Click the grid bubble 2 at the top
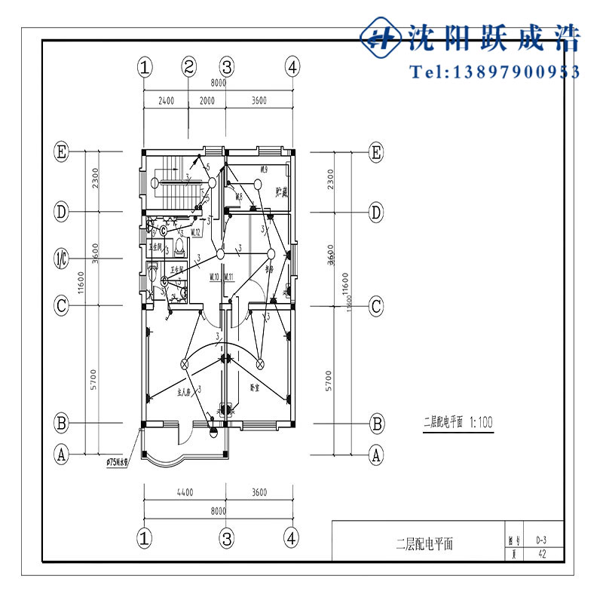click(x=189, y=66)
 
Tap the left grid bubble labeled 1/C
click(x=62, y=259)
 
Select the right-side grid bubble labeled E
click(x=377, y=152)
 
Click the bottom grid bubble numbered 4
click(x=292, y=537)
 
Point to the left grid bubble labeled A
click(x=62, y=454)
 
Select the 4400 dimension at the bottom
click(x=185, y=492)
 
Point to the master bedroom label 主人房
click(x=186, y=392)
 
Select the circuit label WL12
click(x=195, y=232)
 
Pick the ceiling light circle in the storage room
click(x=257, y=184)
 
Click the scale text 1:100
click(x=481, y=422)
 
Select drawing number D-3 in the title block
click(x=541, y=540)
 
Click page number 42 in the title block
click(x=541, y=554)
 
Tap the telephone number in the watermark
click(x=494, y=72)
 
